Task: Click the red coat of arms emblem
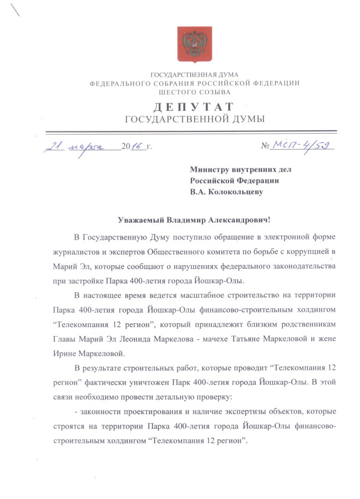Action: pyautogui.click(x=195, y=43)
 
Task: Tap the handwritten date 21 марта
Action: pyautogui.click(x=78, y=146)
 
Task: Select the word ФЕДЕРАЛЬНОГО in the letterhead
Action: pyautogui.click(x=118, y=83)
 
